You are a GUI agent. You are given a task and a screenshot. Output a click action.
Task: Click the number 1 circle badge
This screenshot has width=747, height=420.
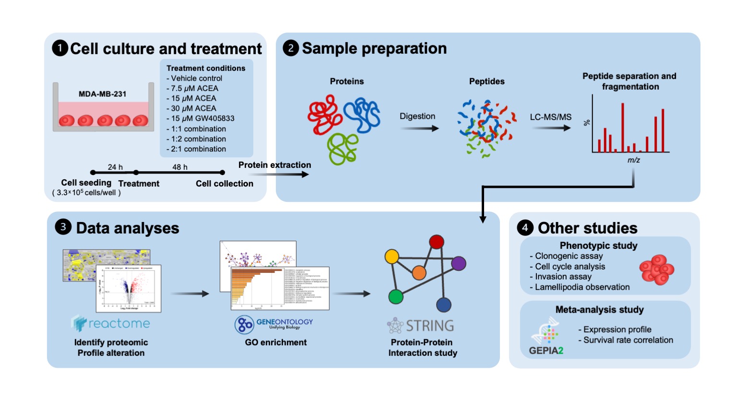click(x=60, y=48)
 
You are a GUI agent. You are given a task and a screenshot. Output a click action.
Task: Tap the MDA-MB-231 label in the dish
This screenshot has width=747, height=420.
click(x=102, y=94)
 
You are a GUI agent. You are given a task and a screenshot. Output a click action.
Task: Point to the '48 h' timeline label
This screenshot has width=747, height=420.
click(x=180, y=167)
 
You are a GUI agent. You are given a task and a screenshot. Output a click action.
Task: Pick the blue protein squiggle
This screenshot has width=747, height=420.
click(x=362, y=114)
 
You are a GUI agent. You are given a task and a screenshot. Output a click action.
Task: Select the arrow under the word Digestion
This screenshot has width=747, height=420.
click(x=420, y=128)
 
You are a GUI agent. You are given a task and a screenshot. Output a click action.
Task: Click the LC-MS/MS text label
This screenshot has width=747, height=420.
click(x=550, y=117)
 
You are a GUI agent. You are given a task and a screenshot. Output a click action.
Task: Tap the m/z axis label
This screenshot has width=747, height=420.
click(x=634, y=160)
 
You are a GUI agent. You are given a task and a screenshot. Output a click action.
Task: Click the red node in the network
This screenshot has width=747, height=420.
click(x=436, y=242)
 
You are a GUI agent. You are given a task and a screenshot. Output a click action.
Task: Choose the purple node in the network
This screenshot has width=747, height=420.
click(x=459, y=263)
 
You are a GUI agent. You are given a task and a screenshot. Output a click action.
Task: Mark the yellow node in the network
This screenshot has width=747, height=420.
click(x=392, y=257)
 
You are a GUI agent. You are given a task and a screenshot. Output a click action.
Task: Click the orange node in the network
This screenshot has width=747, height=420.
click(x=419, y=273)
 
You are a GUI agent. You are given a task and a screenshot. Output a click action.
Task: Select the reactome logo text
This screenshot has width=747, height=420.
click(x=119, y=324)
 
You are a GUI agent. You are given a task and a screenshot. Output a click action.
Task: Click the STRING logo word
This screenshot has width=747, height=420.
click(x=430, y=326)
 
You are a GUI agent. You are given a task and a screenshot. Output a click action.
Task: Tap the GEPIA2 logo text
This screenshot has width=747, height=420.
click(x=546, y=350)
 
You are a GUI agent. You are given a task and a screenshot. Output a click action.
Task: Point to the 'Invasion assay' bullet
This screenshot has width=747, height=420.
click(x=563, y=277)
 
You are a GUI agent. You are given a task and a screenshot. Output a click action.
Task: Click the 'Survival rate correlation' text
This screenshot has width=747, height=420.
click(x=628, y=340)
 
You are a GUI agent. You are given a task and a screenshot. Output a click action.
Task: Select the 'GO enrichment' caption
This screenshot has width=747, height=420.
click(x=276, y=342)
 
